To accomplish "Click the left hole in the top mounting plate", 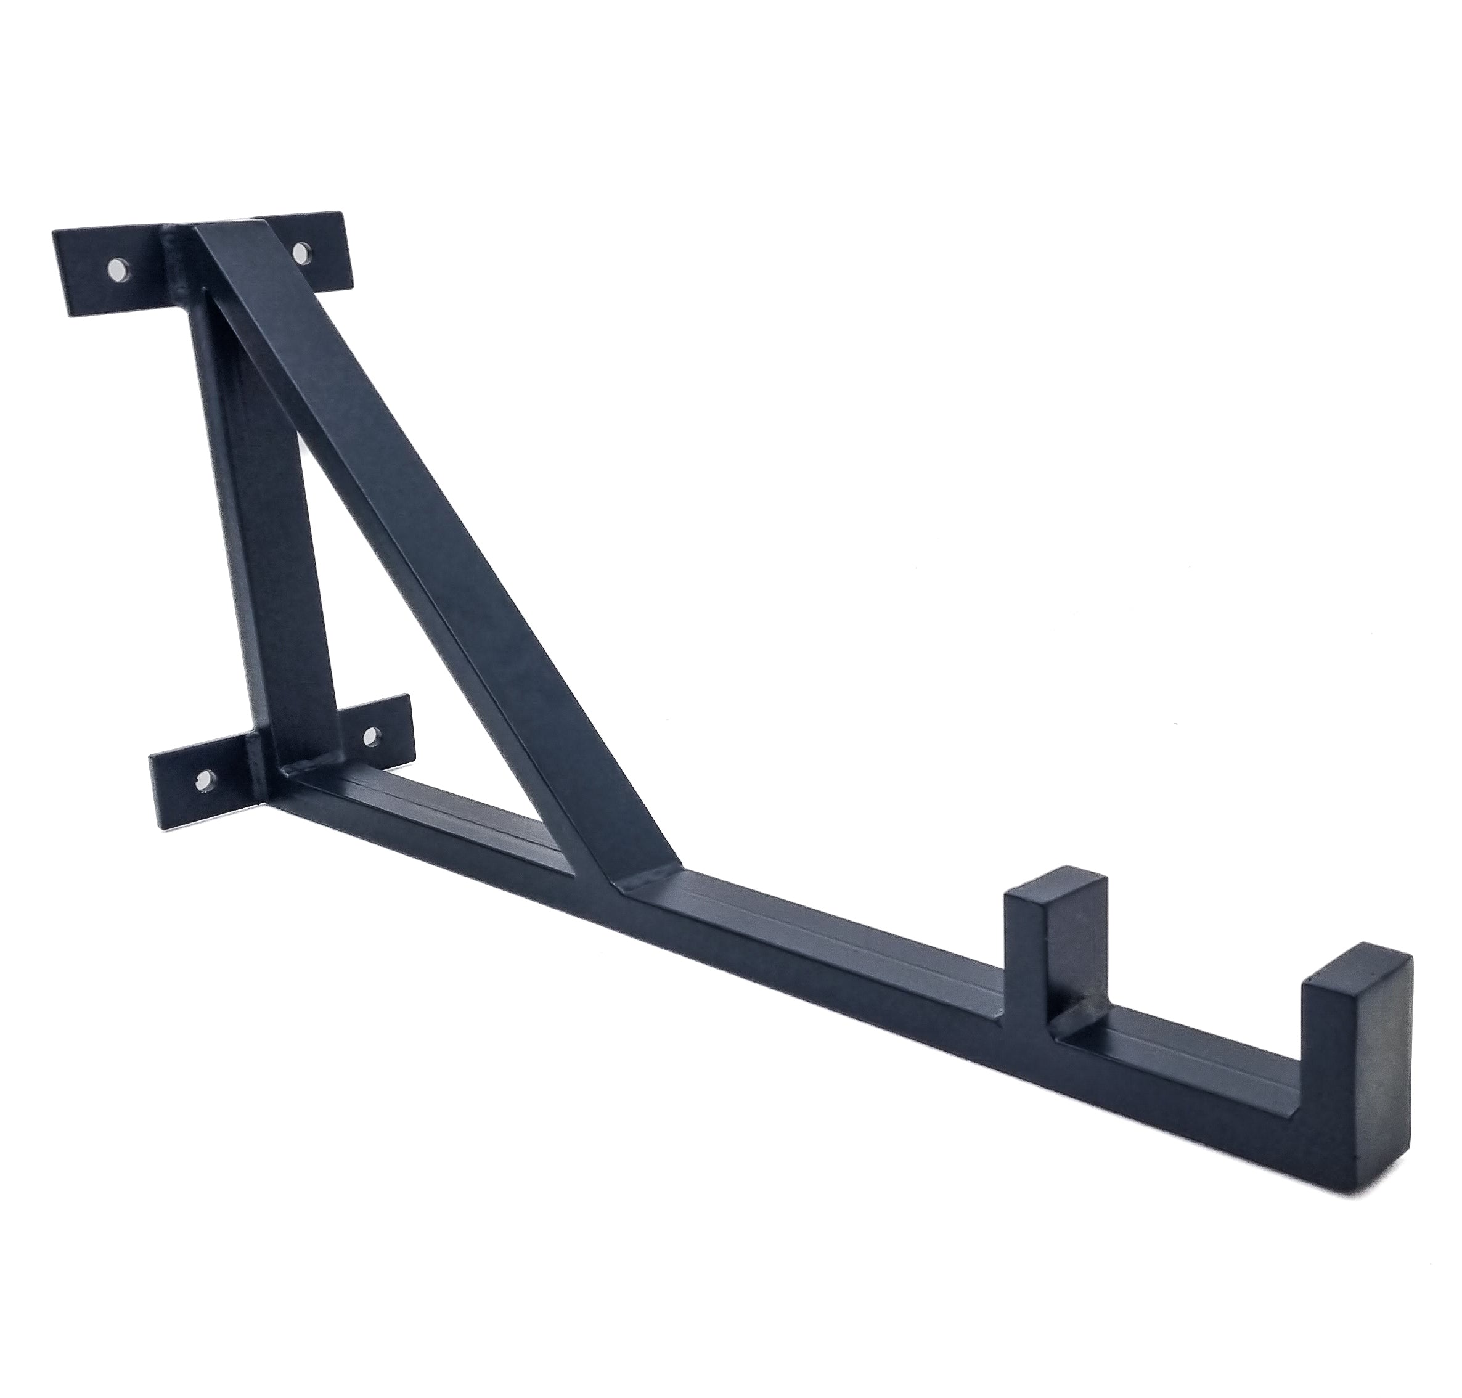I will [x=118, y=269].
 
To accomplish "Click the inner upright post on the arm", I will [x=1043, y=946].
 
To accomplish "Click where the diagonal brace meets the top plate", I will [x=224, y=239].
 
